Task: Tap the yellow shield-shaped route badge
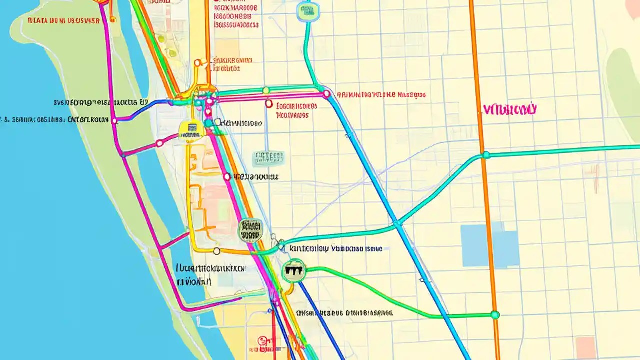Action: [x=191, y=131]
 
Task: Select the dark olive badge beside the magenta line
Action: [x=251, y=230]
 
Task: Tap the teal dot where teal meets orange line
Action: [x=485, y=155]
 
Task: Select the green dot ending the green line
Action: [x=495, y=315]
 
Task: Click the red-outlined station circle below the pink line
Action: [x=269, y=104]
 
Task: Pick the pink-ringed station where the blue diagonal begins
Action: [x=326, y=93]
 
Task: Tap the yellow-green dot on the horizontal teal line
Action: [x=266, y=90]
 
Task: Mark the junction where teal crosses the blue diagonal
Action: [x=397, y=223]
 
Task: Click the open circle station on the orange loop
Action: [x=216, y=251]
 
